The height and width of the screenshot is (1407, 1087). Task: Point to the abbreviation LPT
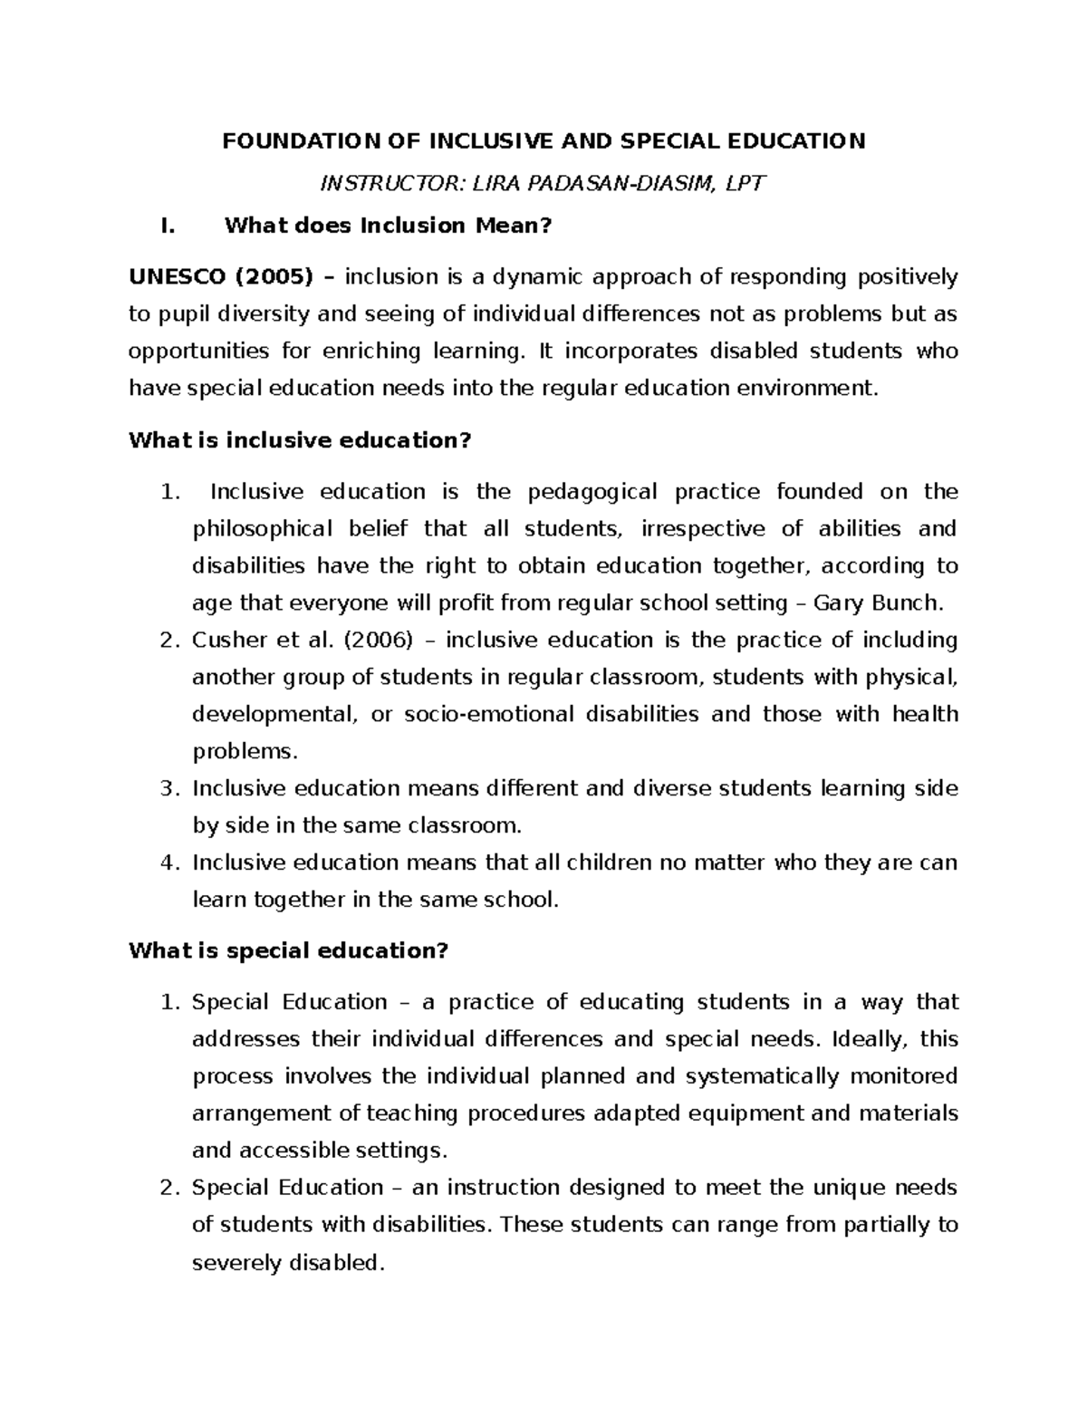(x=745, y=184)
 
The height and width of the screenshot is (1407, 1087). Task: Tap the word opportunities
(x=199, y=351)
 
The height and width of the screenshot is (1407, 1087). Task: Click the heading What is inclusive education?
(x=301, y=440)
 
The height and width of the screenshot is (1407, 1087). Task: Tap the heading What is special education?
(x=289, y=951)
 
